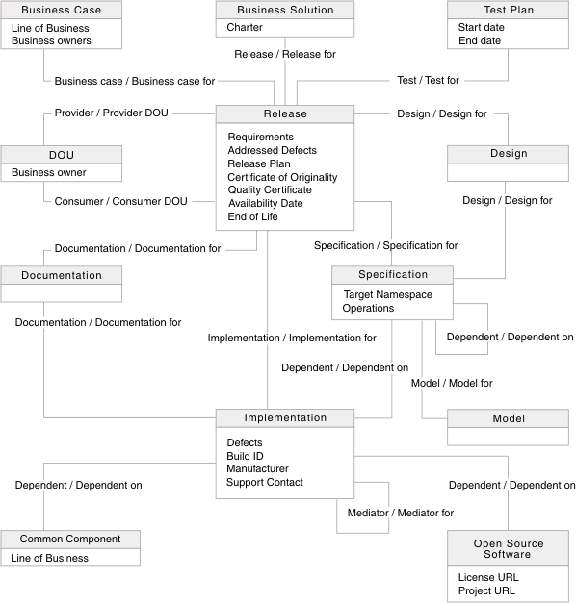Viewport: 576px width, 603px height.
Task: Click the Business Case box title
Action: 61,10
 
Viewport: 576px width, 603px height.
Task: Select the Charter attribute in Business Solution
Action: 245,28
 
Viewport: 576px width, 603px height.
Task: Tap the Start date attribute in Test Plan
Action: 481,28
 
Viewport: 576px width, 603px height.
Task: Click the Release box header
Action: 285,113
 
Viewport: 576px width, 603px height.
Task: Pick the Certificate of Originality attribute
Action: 282,177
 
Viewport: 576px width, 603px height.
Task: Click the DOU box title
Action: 61,154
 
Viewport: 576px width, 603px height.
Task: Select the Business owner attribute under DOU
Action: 48,173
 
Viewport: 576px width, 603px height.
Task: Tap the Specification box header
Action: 392,274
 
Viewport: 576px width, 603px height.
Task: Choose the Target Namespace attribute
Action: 388,294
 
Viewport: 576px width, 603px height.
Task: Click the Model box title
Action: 508,419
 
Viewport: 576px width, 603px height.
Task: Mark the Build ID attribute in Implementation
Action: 245,456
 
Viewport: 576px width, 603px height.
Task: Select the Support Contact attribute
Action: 265,482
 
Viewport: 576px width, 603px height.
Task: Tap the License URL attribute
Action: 487,577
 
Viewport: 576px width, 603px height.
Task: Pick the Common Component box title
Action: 69,539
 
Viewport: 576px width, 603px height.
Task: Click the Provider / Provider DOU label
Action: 111,113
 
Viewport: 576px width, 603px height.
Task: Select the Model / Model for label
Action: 452,383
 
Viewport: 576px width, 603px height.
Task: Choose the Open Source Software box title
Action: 508,548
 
